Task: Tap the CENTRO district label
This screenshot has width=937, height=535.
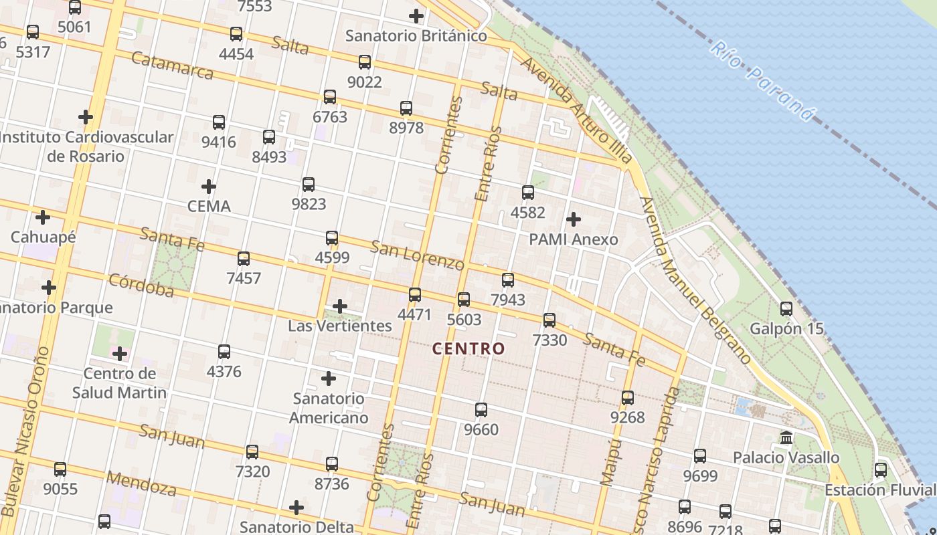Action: (468, 348)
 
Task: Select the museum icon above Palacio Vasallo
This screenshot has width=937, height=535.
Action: (786, 438)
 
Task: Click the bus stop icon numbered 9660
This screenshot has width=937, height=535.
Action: (481, 410)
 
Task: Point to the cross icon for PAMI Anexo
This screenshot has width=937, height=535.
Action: (574, 219)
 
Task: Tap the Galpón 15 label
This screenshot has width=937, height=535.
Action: (786, 329)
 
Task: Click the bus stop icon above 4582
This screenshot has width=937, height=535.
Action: (528, 193)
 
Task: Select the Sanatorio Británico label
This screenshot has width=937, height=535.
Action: (416, 35)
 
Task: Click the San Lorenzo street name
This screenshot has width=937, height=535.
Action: (417, 255)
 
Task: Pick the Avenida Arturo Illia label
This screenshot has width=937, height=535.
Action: (576, 110)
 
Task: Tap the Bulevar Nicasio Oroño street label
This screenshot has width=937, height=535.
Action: (25, 431)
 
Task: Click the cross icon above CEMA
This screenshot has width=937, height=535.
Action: (209, 187)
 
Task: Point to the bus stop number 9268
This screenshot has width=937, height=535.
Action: (627, 417)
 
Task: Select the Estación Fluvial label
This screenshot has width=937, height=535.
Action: (880, 490)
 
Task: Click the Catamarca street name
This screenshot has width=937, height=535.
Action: (172, 66)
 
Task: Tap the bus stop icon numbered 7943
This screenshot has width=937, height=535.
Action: (508, 280)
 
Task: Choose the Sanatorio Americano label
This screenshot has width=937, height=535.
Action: (329, 408)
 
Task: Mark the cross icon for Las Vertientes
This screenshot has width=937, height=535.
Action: (340, 307)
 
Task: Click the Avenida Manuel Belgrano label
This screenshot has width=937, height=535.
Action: (696, 281)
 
